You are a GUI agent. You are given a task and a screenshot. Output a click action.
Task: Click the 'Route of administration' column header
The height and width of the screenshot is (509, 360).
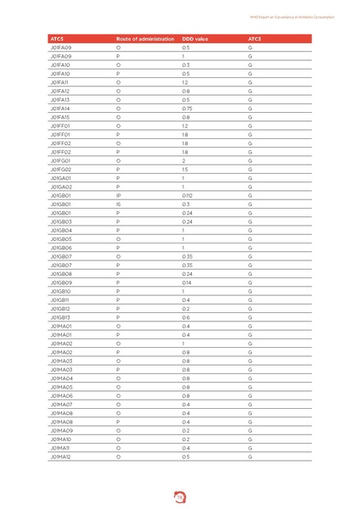pyautogui.click(x=142, y=39)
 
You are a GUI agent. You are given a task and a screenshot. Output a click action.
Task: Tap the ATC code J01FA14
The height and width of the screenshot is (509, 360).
pyautogui.click(x=60, y=109)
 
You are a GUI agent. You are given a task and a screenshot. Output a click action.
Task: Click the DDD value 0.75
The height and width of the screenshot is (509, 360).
pyautogui.click(x=187, y=109)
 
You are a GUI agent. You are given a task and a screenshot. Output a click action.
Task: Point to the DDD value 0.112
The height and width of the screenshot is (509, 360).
pyautogui.click(x=187, y=195)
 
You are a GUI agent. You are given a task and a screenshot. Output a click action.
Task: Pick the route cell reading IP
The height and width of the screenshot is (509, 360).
pyautogui.click(x=118, y=195)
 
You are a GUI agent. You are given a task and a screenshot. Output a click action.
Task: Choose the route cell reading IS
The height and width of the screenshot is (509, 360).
pyautogui.click(x=118, y=204)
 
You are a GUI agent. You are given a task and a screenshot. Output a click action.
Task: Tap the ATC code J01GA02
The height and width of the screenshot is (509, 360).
pyautogui.click(x=61, y=187)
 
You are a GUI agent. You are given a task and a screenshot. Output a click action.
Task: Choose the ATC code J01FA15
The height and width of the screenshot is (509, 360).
pyautogui.click(x=60, y=117)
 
